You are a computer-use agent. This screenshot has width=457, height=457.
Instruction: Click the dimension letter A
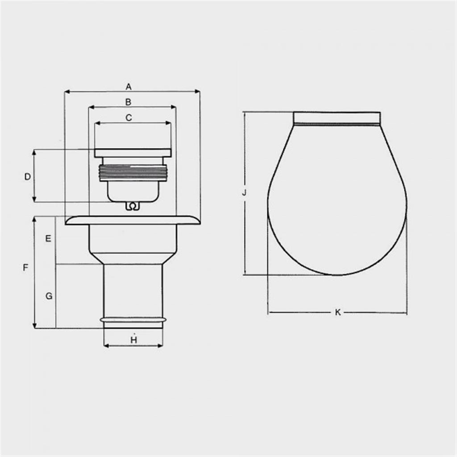click(x=129, y=87)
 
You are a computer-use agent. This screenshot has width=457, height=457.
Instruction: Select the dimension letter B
click(x=128, y=102)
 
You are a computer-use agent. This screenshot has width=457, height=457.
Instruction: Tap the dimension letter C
click(x=129, y=117)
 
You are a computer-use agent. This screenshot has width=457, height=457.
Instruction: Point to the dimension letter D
click(x=27, y=177)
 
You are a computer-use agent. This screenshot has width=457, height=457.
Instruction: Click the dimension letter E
click(x=48, y=239)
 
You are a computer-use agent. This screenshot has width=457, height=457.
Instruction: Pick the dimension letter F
click(x=25, y=268)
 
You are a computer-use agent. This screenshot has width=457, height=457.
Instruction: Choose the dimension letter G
click(x=49, y=296)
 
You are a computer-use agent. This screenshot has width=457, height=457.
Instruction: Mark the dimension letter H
click(x=134, y=340)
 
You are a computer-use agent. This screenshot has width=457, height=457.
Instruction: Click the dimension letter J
click(x=245, y=192)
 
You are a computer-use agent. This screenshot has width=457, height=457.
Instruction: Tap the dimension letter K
click(x=338, y=312)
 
